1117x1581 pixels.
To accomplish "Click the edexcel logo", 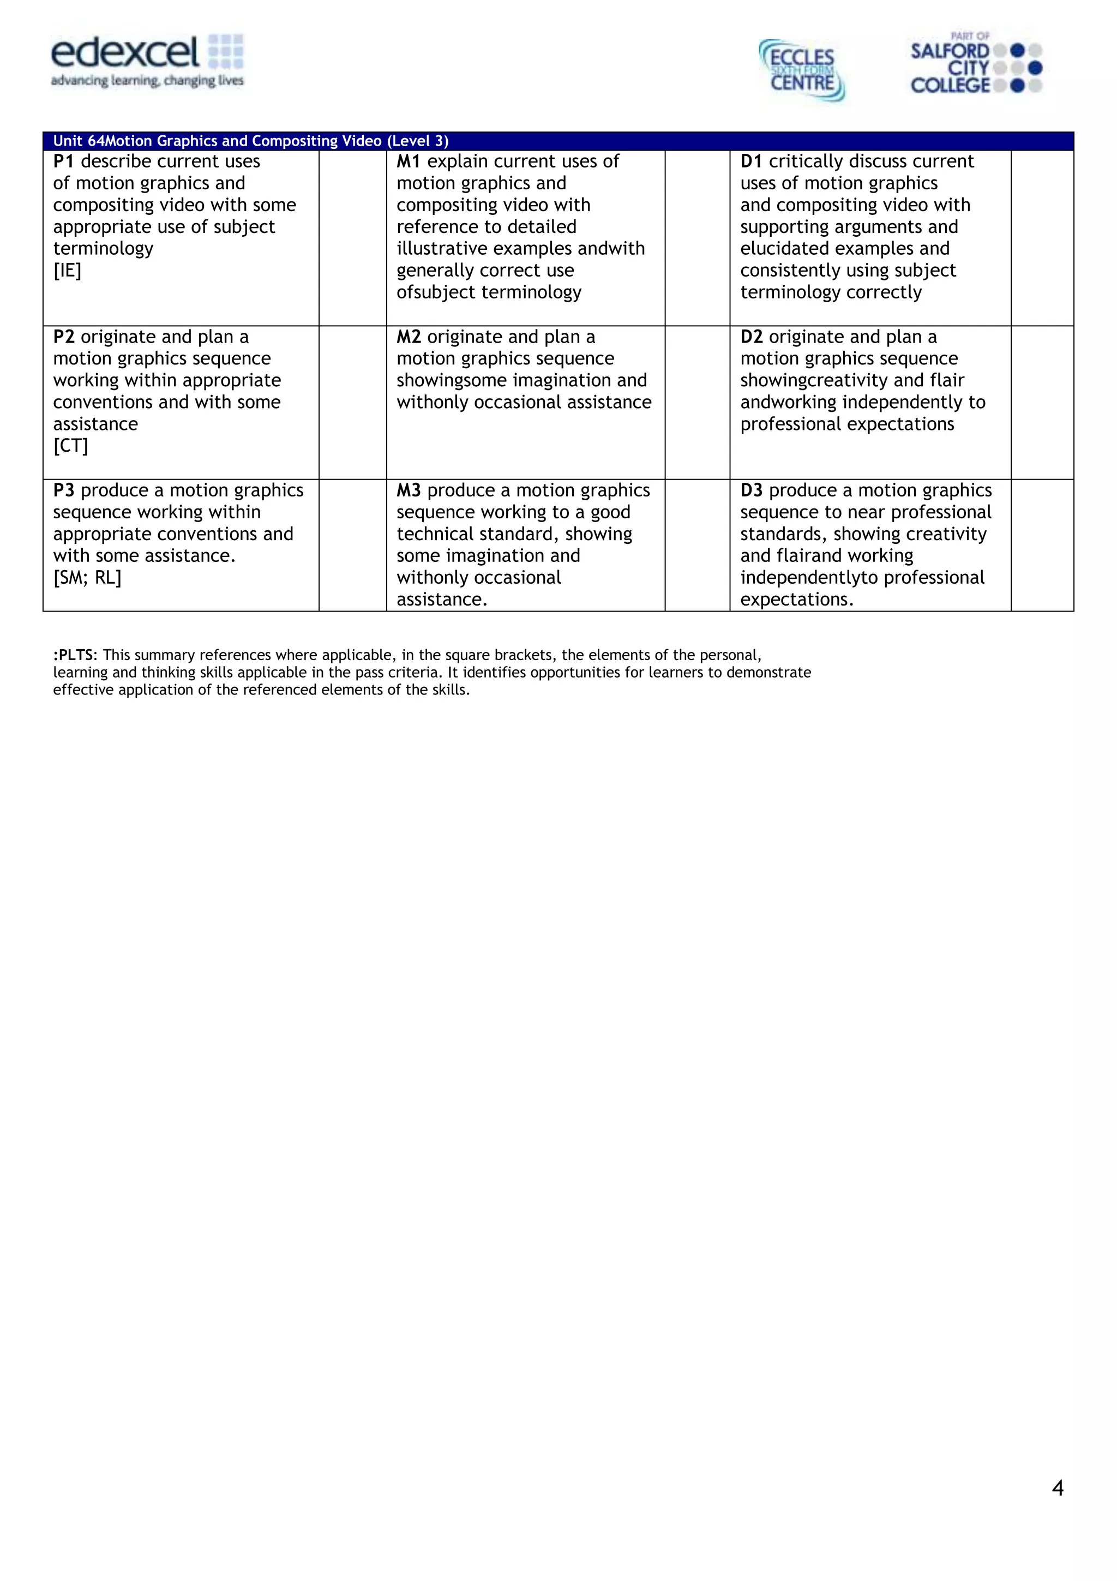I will [x=147, y=61].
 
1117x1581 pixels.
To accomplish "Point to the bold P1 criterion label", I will [x=63, y=161].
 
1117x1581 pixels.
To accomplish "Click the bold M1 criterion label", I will [x=408, y=161].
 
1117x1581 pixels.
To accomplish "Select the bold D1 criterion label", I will [x=751, y=161].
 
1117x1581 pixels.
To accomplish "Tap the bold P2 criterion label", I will [x=63, y=337].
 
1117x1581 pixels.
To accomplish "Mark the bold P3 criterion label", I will [x=63, y=490].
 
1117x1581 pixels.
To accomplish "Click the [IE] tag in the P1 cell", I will [x=67, y=271].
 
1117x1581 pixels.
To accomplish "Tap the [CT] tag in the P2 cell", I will [x=70, y=446].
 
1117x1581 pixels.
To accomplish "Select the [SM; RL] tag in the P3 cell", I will [x=87, y=578].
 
